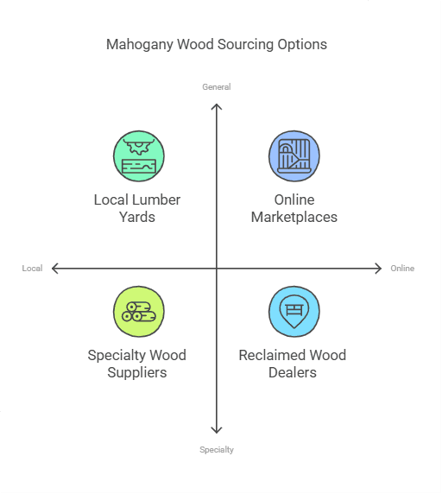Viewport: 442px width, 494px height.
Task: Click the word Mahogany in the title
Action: click(138, 44)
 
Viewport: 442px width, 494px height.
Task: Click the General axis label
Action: click(217, 87)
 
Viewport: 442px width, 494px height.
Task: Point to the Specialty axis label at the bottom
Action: click(217, 450)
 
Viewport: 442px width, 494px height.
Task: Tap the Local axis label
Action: click(33, 269)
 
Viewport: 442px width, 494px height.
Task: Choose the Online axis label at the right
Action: click(402, 269)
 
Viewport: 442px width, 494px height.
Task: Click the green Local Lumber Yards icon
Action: click(139, 156)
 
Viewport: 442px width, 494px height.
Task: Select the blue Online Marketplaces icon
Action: click(294, 156)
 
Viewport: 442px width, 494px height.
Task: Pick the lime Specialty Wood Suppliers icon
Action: click(139, 312)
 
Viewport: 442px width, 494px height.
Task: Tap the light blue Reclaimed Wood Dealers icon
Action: click(294, 312)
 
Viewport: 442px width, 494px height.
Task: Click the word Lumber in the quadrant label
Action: click(157, 200)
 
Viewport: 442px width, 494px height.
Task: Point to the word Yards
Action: click(137, 218)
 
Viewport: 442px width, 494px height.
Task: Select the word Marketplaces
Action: click(294, 218)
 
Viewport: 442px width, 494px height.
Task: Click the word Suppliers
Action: click(137, 373)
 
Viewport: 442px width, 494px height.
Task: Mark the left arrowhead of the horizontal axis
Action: click(54, 269)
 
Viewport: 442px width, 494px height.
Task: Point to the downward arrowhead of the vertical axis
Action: click(217, 431)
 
